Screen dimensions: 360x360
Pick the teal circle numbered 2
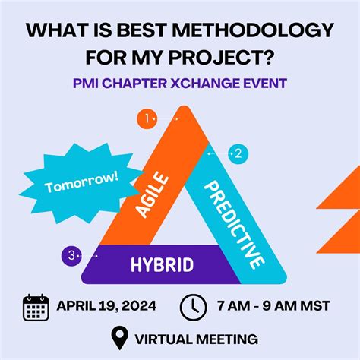click(x=238, y=154)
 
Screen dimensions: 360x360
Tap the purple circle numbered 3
click(x=71, y=256)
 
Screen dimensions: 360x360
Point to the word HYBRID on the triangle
click(x=162, y=265)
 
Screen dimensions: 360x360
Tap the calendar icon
click(x=36, y=306)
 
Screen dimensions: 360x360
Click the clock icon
click(x=193, y=306)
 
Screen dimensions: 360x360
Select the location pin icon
click(x=119, y=337)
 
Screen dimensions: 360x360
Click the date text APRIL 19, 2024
click(x=106, y=306)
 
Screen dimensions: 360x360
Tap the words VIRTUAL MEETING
click(x=196, y=338)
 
